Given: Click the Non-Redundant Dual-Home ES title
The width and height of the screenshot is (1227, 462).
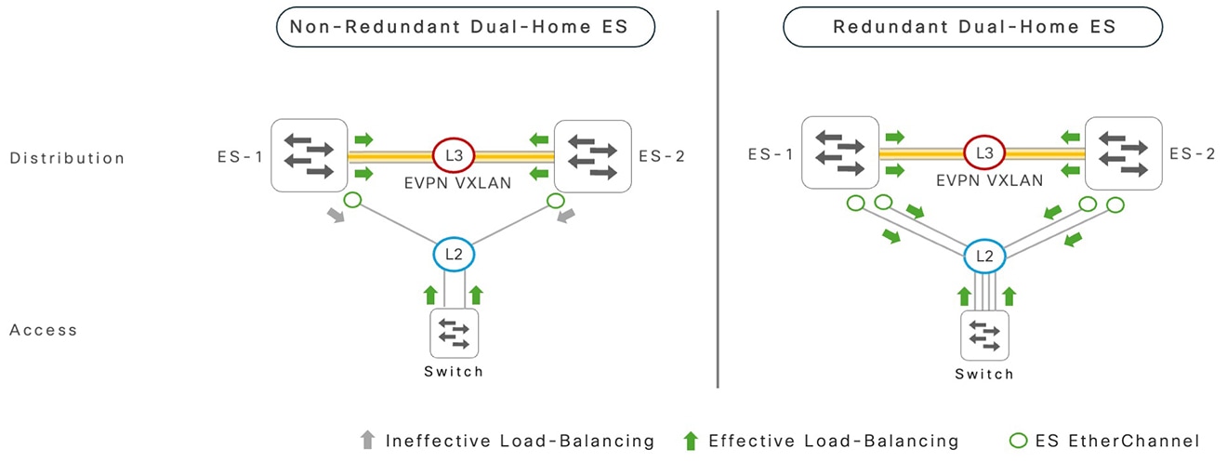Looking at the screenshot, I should click(x=466, y=27).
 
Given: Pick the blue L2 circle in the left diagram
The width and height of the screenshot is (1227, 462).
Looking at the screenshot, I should click(x=451, y=254).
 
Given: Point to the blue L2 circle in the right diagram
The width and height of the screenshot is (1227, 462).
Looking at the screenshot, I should click(x=982, y=254).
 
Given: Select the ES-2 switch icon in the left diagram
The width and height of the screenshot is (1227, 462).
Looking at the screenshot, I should click(x=592, y=154).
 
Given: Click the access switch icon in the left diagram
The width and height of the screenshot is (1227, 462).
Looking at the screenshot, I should click(x=454, y=334).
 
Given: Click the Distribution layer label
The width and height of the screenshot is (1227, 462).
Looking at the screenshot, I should click(x=67, y=158).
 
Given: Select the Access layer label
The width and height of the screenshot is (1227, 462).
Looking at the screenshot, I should click(x=44, y=330).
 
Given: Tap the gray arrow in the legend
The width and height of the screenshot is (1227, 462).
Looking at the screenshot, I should click(x=368, y=441).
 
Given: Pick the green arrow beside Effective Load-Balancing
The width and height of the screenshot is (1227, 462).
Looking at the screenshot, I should click(x=691, y=441).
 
